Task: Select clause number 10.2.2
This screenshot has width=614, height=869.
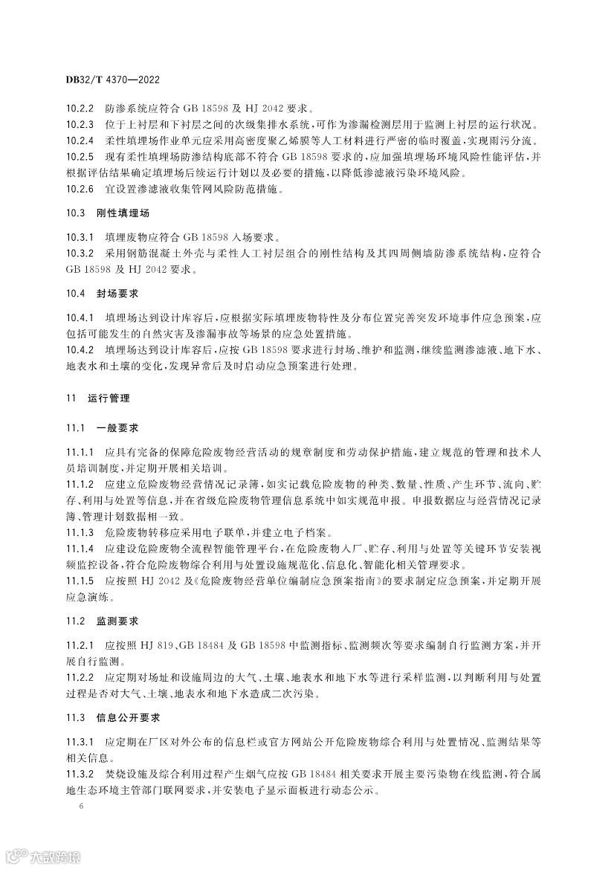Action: point(79,107)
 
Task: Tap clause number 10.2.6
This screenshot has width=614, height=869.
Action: point(79,190)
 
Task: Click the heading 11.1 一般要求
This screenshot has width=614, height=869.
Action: point(102,429)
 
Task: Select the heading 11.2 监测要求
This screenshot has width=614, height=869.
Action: point(102,620)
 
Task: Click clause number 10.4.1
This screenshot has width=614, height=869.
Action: point(79,317)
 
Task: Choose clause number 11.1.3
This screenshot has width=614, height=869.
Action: point(79,533)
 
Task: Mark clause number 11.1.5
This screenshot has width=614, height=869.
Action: point(79,582)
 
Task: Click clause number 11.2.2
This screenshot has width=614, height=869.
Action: point(79,678)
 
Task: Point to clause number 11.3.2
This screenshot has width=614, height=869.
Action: point(79,775)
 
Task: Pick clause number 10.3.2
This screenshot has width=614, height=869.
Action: point(79,254)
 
